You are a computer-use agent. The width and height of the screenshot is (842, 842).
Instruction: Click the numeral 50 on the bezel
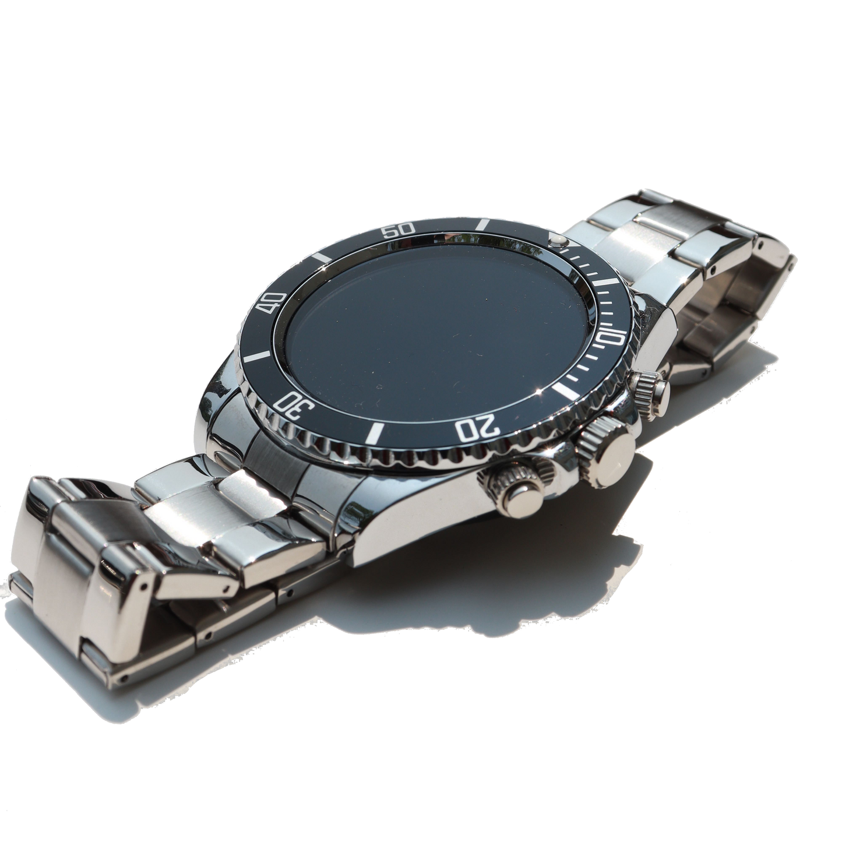[x=401, y=228]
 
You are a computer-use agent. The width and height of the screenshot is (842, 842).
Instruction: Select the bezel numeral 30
[x=294, y=404]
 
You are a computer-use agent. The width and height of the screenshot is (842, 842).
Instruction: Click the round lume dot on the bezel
[x=558, y=240]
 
